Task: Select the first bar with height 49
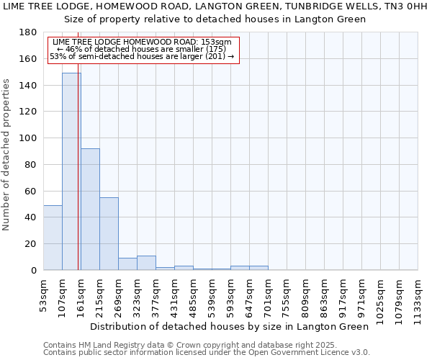click(x=53, y=238)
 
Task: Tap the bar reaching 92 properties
click(x=90, y=209)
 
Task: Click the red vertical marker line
click(x=78, y=180)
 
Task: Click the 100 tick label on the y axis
click(x=28, y=138)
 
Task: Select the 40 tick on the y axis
click(x=31, y=217)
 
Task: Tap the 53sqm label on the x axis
click(x=43, y=294)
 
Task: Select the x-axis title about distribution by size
click(x=230, y=326)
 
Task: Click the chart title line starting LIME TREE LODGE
click(x=215, y=6)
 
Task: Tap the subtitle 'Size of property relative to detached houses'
click(x=215, y=19)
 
